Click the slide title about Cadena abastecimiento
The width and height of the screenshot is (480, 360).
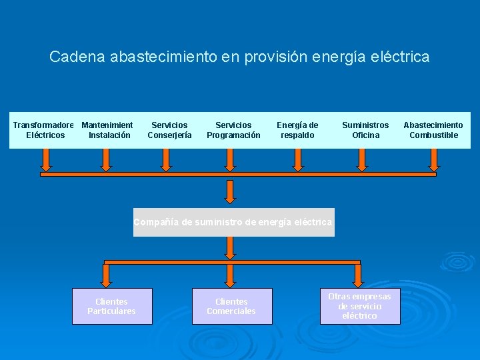239,57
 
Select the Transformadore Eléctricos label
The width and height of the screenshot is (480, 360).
45,130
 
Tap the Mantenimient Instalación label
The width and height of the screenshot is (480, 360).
108,130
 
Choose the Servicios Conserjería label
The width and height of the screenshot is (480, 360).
169,130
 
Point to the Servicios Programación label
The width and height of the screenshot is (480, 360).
233,130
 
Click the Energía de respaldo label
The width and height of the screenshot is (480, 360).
297,130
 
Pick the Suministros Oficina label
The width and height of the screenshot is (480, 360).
365,130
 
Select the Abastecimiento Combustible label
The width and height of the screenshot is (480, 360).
433,130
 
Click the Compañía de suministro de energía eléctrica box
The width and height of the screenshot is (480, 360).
233,222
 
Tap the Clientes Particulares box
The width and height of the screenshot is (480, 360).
112,306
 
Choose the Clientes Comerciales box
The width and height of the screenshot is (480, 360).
232,306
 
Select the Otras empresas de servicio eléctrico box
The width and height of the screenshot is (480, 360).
360,306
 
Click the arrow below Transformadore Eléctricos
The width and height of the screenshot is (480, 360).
46,159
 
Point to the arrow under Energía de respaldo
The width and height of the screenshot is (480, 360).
298,159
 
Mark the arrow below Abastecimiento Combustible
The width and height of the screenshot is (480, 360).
434,159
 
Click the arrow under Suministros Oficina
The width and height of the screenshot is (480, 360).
362,159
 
